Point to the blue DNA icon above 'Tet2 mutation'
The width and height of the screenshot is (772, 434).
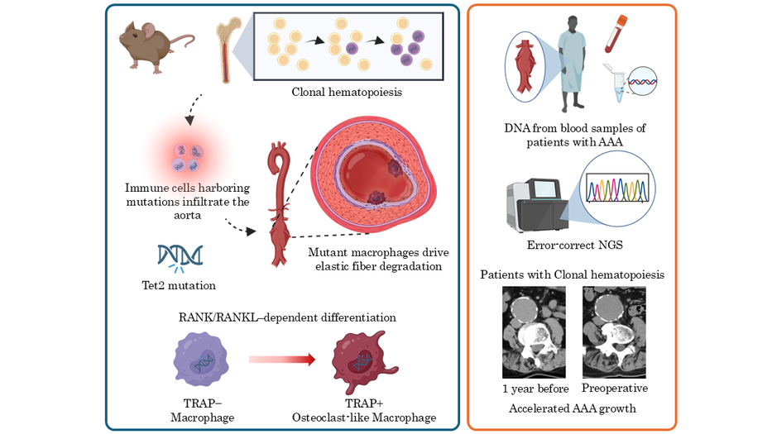click(x=180, y=258)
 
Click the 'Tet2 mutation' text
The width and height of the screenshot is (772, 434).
click(x=180, y=285)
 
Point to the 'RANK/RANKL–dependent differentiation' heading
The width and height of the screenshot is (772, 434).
click(x=286, y=317)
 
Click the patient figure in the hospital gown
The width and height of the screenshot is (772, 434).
click(x=572, y=67)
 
